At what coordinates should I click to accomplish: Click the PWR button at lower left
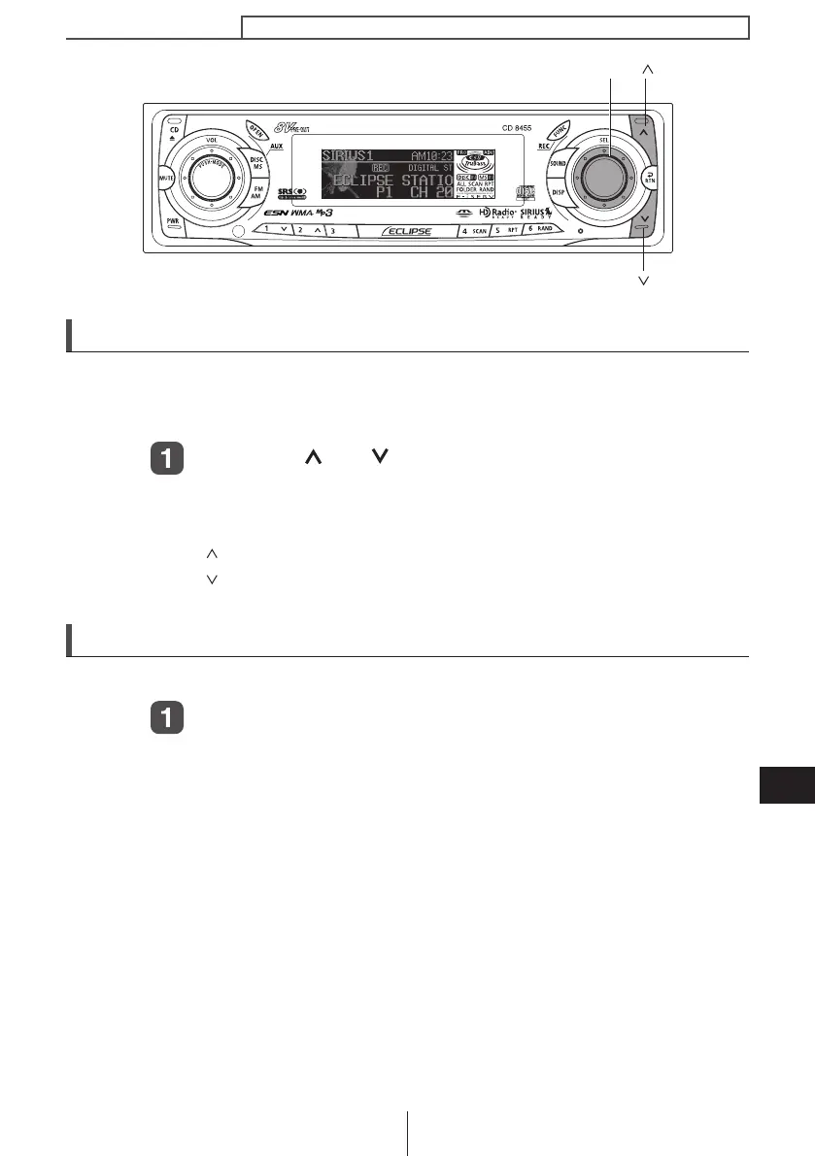[x=173, y=222]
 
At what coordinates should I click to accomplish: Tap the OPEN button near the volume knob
[x=255, y=132]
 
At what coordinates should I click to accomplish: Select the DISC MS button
[x=257, y=163]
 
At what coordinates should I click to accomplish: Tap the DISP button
[x=558, y=192]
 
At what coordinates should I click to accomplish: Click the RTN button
[x=649, y=178]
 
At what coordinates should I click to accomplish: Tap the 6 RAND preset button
[x=538, y=232]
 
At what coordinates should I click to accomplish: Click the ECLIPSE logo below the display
[x=407, y=231]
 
